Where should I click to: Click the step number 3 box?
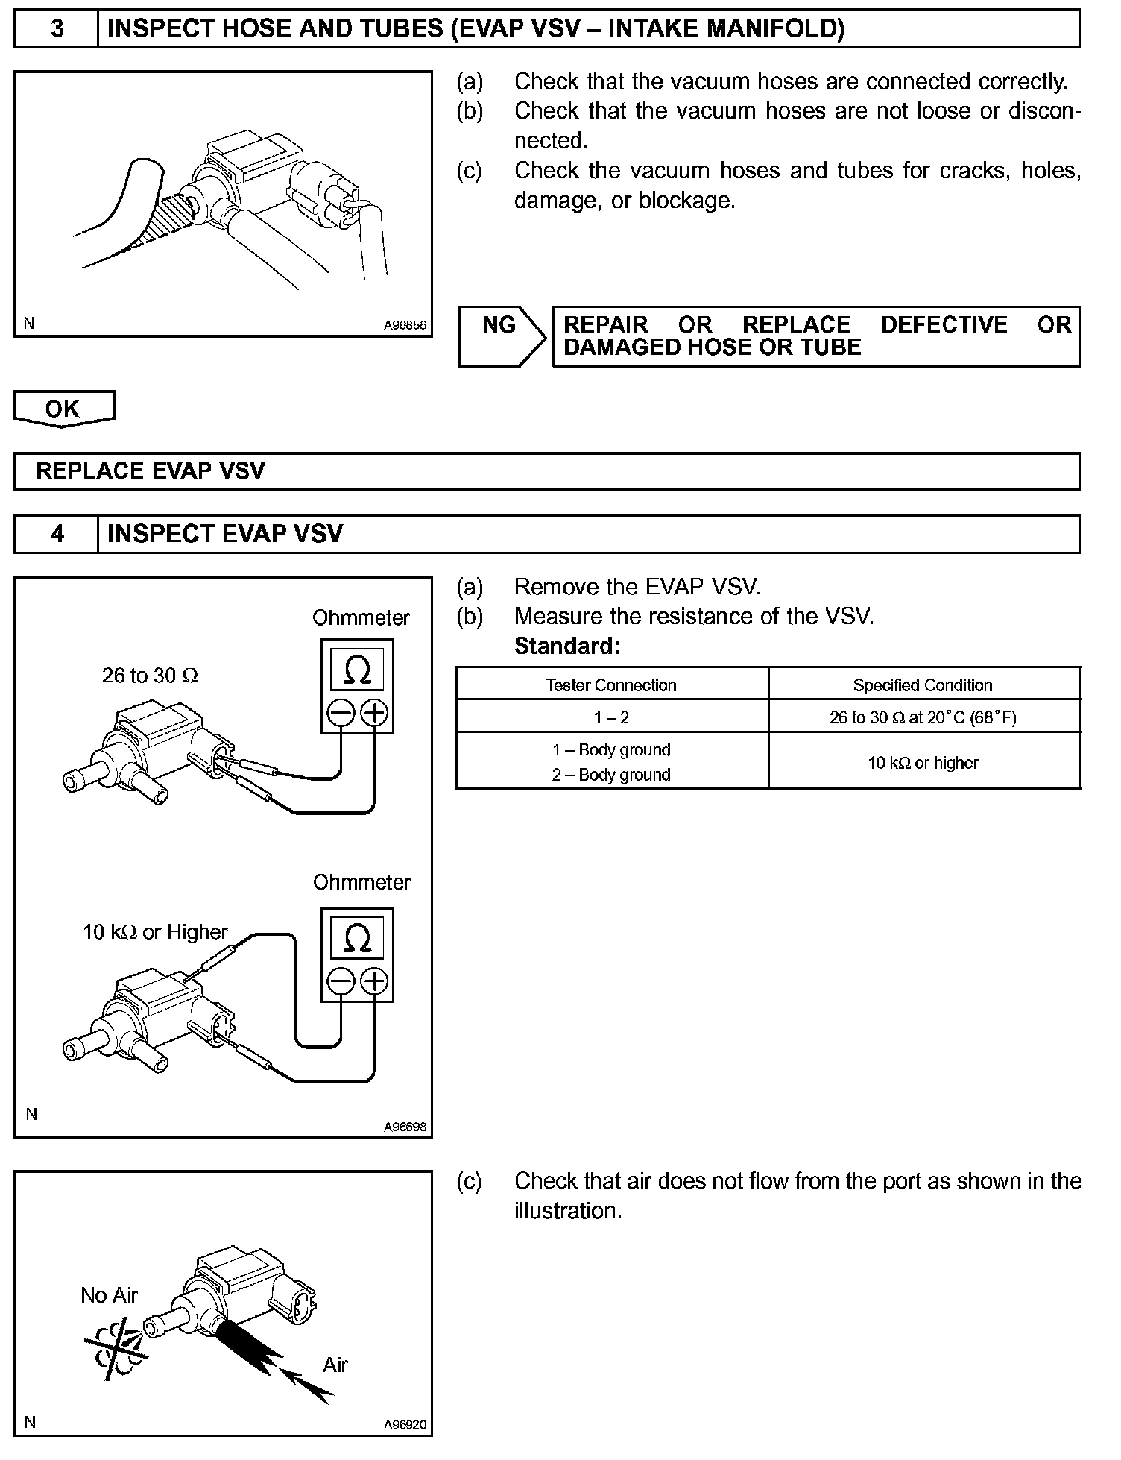coord(57,29)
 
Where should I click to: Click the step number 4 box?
coord(57,534)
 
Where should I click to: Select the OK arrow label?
coord(63,409)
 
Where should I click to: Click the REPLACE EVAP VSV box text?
coord(151,471)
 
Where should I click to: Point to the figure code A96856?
coord(405,325)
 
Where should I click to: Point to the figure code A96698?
coord(405,1127)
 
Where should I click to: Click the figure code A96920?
coord(405,1425)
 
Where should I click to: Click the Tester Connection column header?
coord(611,685)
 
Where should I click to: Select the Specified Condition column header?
coord(923,685)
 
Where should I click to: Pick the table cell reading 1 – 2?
coord(611,717)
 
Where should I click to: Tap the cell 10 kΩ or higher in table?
coord(923,763)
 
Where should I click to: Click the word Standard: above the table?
coord(566,646)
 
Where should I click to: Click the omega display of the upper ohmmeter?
coord(357,669)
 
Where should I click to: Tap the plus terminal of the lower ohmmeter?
coord(374,981)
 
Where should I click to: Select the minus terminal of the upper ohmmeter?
coord(340,714)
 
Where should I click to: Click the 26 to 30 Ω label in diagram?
coord(150,676)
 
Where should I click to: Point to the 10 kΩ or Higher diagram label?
coord(155,932)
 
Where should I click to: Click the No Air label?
coord(109,1295)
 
